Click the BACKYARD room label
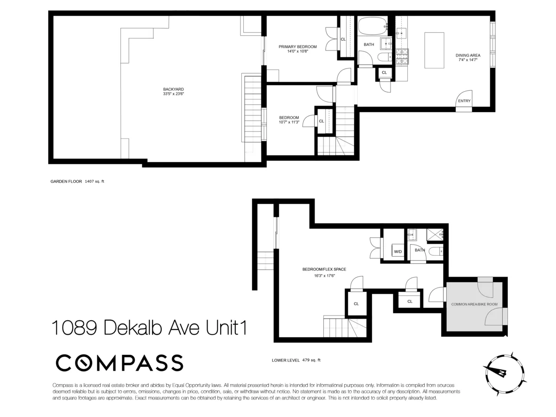coord(171,89)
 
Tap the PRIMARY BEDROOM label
coord(297,46)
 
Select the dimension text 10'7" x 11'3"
coord(289,123)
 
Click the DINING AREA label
coord(468,55)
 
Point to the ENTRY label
coord(464,101)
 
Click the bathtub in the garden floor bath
coord(372,27)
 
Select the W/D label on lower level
coord(398,252)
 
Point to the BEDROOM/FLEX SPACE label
coord(324,269)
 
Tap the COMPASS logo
coord(120,363)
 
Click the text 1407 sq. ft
coord(95,182)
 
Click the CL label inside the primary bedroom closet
coord(343,39)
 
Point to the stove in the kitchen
coord(402,56)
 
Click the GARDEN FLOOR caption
coord(66,182)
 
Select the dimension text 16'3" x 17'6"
coord(324,276)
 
